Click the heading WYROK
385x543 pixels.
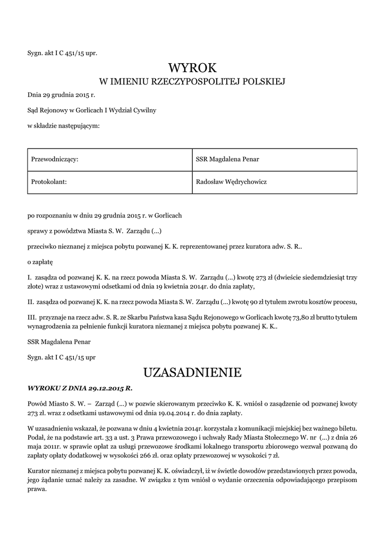[192, 68]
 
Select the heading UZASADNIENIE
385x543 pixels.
[192, 372]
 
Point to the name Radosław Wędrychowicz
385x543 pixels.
[231, 182]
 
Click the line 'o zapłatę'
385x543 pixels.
[40, 262]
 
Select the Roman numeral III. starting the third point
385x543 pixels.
[32, 317]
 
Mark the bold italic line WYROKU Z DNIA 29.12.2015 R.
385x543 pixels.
[80, 388]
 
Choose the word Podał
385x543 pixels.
[37, 438]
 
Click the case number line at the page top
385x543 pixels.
[62, 53]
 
